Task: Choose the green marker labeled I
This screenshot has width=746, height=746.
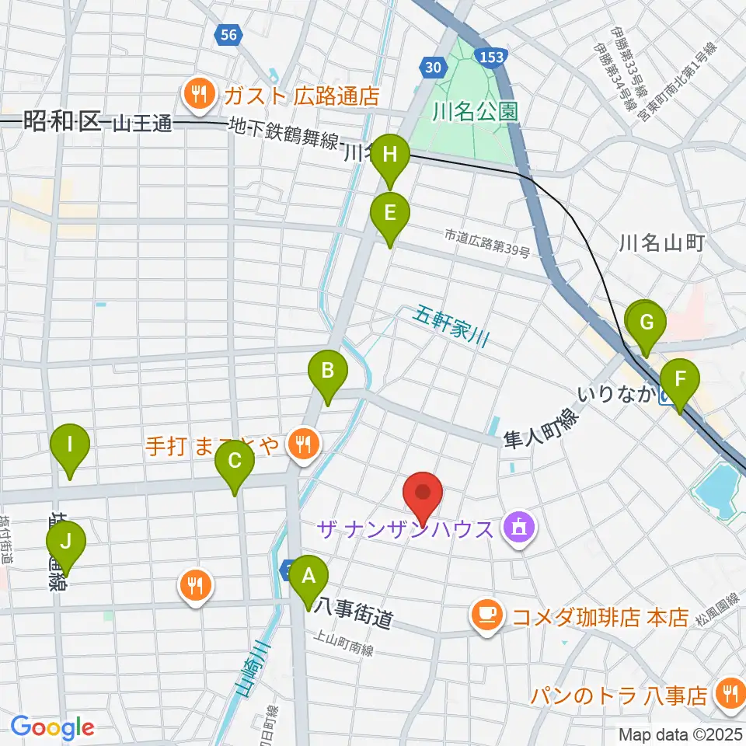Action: point(70,446)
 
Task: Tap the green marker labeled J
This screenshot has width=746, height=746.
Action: point(65,541)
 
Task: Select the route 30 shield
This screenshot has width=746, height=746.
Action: point(435,68)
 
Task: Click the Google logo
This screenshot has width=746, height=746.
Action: point(52,727)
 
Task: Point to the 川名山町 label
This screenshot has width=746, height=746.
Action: point(661,243)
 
